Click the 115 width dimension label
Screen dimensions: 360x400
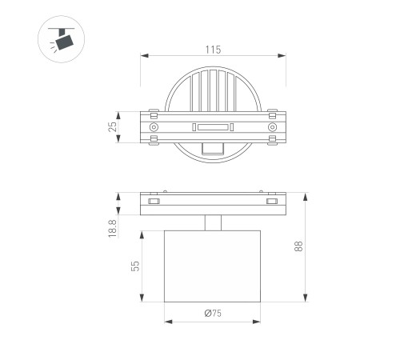click(x=212, y=50)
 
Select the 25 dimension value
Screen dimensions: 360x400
click(x=113, y=126)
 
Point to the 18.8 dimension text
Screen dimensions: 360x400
click(x=113, y=229)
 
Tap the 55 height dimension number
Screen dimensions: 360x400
click(x=137, y=266)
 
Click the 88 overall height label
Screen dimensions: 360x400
click(x=298, y=247)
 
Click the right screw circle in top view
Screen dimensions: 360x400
click(x=272, y=127)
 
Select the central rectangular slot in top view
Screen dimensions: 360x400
click(x=213, y=127)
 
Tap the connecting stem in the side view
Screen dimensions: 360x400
click(x=213, y=222)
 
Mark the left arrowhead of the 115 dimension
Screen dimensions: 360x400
click(x=143, y=56)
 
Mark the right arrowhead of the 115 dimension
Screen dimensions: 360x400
click(x=284, y=56)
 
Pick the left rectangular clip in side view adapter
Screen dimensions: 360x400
click(x=154, y=207)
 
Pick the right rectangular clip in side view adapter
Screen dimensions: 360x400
click(x=272, y=207)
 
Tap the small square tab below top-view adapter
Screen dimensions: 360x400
click(x=213, y=147)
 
